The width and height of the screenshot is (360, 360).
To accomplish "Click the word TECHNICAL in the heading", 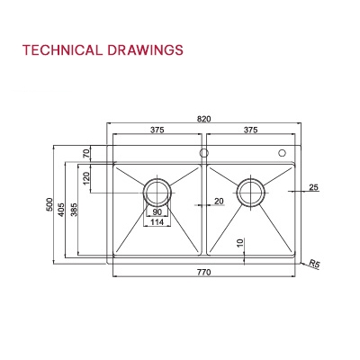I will pyautogui.click(x=58, y=49).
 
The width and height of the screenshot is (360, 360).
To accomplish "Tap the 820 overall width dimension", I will pyautogui.click(x=204, y=118).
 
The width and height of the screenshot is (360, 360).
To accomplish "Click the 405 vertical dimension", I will pyautogui.click(x=62, y=211).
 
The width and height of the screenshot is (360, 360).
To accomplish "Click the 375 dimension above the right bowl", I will pyautogui.click(x=251, y=130).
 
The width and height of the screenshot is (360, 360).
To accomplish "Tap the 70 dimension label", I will pyautogui.click(x=87, y=154).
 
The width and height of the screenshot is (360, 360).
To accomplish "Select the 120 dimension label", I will pyautogui.click(x=87, y=177).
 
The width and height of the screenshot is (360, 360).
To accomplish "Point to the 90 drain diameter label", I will pyautogui.click(x=157, y=212).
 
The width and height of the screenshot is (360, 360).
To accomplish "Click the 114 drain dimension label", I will pyautogui.click(x=157, y=223).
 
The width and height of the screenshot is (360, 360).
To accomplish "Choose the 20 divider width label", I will pyautogui.click(x=219, y=202).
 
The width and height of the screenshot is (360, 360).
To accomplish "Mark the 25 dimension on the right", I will pyautogui.click(x=313, y=188).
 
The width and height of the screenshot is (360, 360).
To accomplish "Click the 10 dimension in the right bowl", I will pyautogui.click(x=239, y=243).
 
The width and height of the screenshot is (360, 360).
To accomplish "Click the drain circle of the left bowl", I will pyautogui.click(x=157, y=191).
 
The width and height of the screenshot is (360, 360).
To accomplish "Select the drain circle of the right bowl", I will pyautogui.click(x=251, y=191).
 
